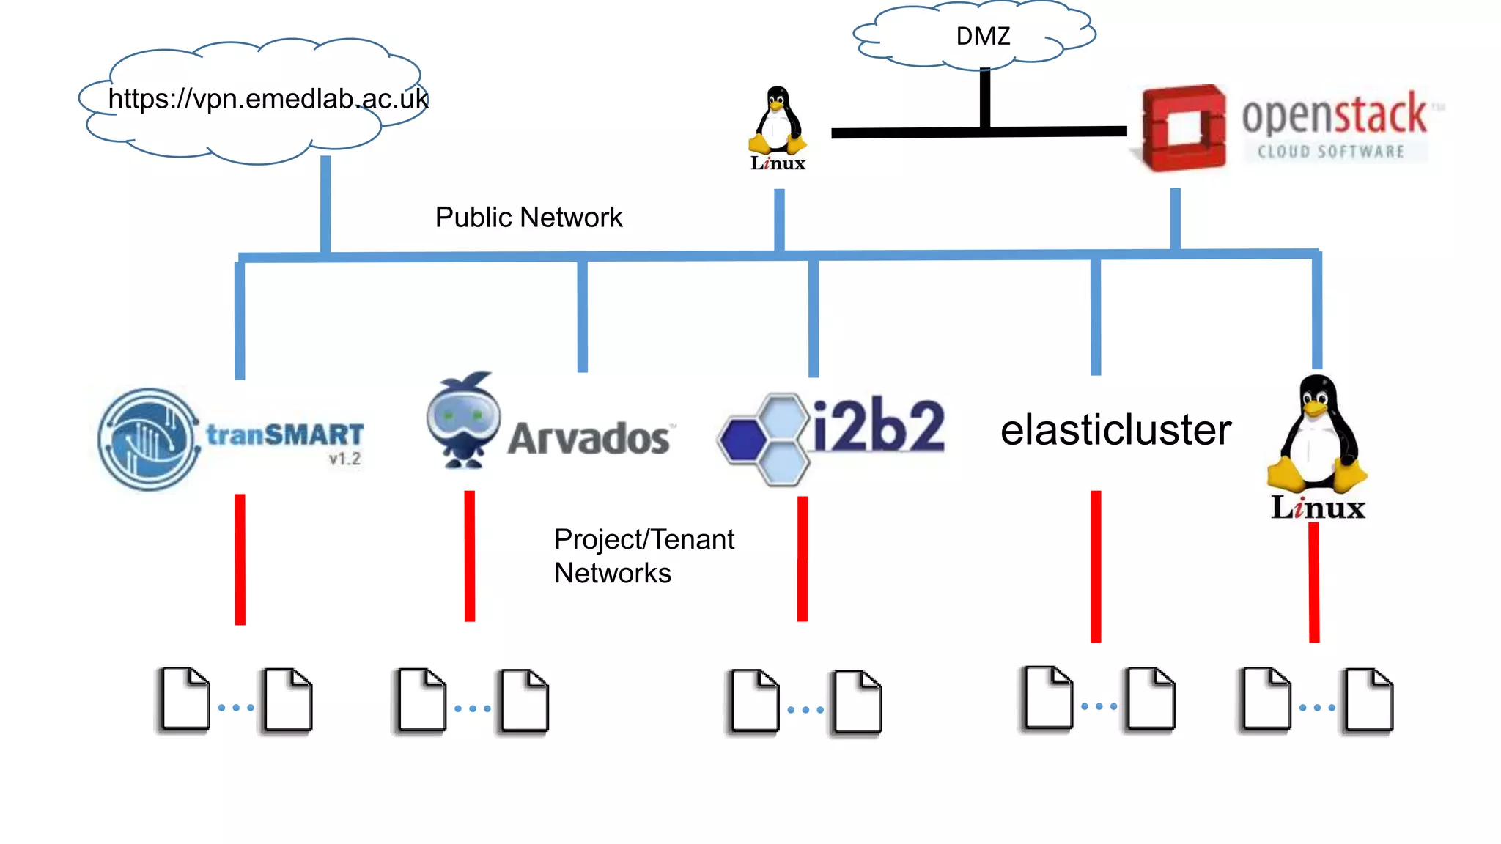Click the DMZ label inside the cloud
coord(983,36)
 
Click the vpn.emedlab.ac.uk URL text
coord(268,99)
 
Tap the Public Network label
coord(528,218)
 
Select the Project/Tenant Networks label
coord(643,556)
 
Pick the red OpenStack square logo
coord(1183,128)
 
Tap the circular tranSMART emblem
coord(149,439)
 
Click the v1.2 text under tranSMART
coord(344,459)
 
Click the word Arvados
coord(589,439)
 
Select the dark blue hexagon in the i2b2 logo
coord(743,439)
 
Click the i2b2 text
coord(879,426)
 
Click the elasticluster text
coord(1115,430)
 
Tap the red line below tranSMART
coord(240,559)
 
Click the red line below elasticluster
coord(1096,566)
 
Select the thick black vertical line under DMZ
coord(985,98)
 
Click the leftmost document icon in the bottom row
coord(185,699)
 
